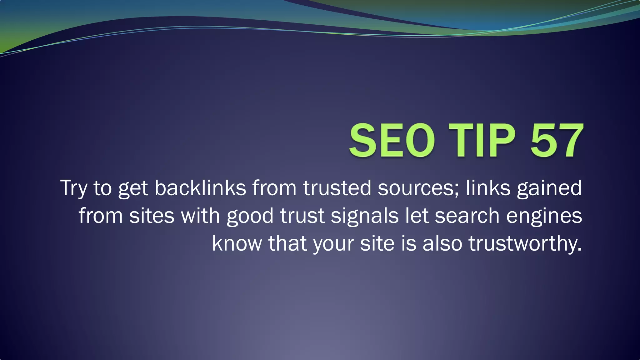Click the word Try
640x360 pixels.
[73, 188]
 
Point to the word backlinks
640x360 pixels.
[200, 188]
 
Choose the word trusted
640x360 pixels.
[337, 188]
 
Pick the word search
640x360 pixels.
[467, 216]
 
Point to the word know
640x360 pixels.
[237, 243]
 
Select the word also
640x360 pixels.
[442, 243]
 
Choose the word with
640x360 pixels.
[200, 216]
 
